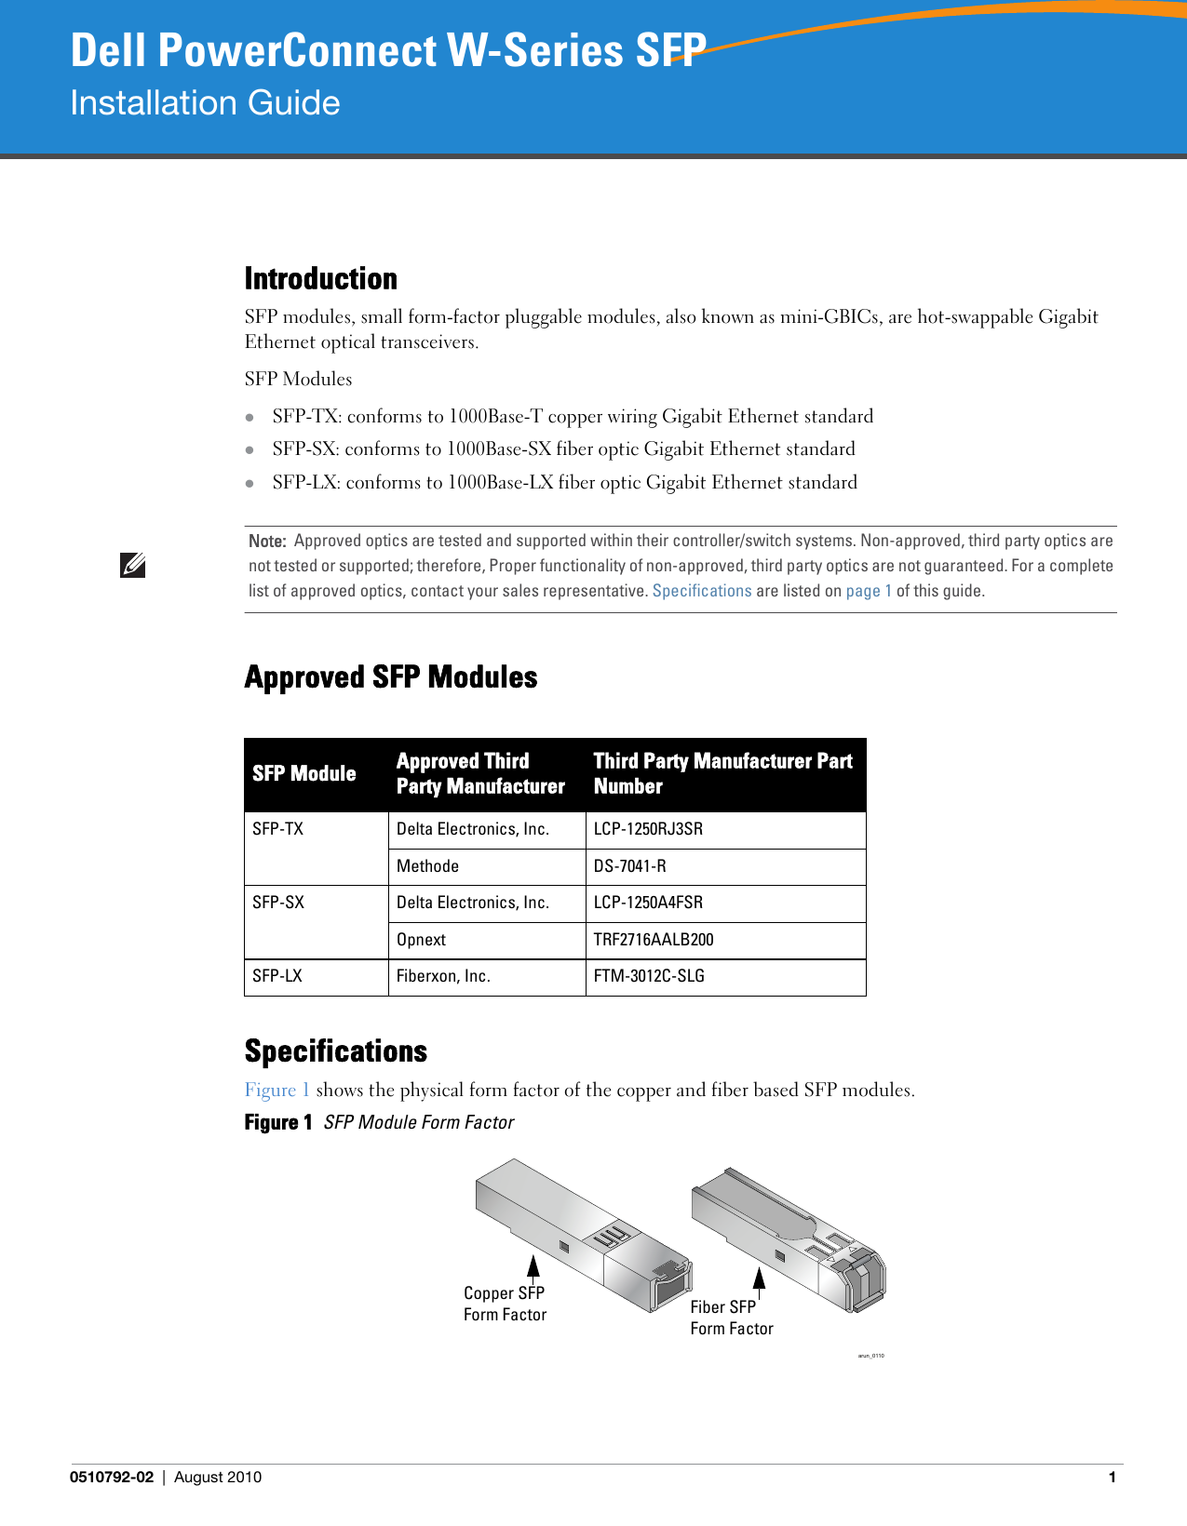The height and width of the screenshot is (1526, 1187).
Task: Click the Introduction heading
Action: [x=320, y=279]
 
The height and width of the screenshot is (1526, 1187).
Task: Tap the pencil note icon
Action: [x=132, y=565]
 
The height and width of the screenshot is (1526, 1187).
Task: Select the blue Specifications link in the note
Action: [x=701, y=591]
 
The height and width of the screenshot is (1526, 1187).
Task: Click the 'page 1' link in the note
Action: [x=869, y=591]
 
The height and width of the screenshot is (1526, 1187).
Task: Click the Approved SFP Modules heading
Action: [x=390, y=677]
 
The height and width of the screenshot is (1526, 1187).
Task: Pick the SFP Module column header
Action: [x=304, y=774]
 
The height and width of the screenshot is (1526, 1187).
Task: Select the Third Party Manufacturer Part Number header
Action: [x=722, y=774]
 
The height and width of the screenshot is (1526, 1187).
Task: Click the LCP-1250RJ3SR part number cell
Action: [x=648, y=829]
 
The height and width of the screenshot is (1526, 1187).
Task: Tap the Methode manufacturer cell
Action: [x=427, y=866]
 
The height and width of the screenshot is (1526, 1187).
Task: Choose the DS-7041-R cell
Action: [x=629, y=866]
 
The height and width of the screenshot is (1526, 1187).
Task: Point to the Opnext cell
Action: [x=421, y=940]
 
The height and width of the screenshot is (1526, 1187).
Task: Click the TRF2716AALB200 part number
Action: [x=654, y=940]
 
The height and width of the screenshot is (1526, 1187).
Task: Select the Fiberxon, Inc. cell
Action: [x=443, y=976]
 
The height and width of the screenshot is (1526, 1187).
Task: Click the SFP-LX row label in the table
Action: [x=277, y=976]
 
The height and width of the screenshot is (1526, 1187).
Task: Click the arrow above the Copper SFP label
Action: [x=533, y=1267]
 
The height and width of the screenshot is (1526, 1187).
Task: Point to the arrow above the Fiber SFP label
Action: [x=760, y=1279]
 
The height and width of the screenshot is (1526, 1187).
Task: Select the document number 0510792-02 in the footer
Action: [x=112, y=1478]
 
